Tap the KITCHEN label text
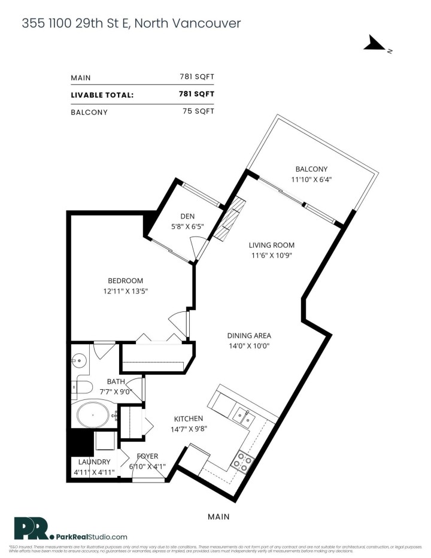189,418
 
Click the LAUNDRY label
93,462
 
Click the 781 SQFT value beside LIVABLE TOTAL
196,94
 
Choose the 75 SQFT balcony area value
198,111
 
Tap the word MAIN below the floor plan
218,515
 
